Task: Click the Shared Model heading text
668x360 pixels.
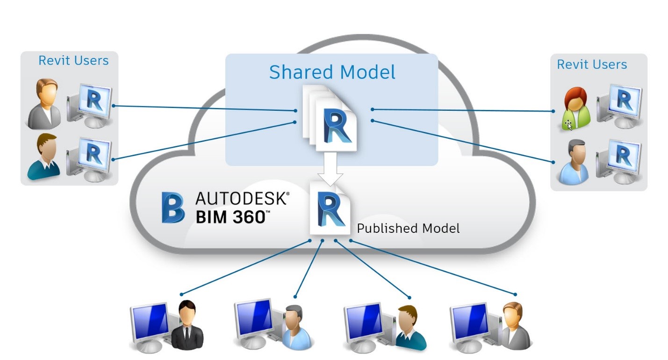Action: tap(332, 72)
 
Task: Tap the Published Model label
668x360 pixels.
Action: tap(408, 228)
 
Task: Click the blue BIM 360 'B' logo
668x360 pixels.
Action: tap(172, 207)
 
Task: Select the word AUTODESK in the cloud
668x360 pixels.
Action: tap(242, 199)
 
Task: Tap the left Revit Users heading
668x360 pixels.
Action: tap(73, 61)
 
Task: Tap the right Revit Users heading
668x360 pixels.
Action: tap(592, 65)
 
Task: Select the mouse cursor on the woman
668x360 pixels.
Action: tap(568, 125)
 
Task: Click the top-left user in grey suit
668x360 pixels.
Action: tap(44, 104)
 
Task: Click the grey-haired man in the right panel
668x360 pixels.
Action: tap(574, 161)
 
